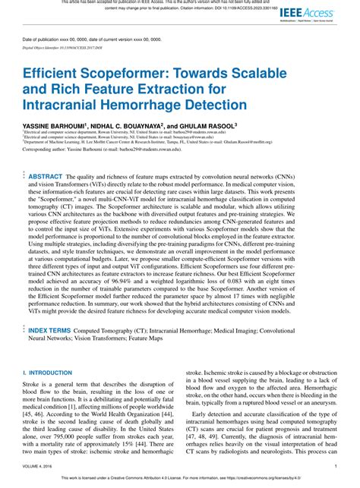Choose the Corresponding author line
113,150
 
